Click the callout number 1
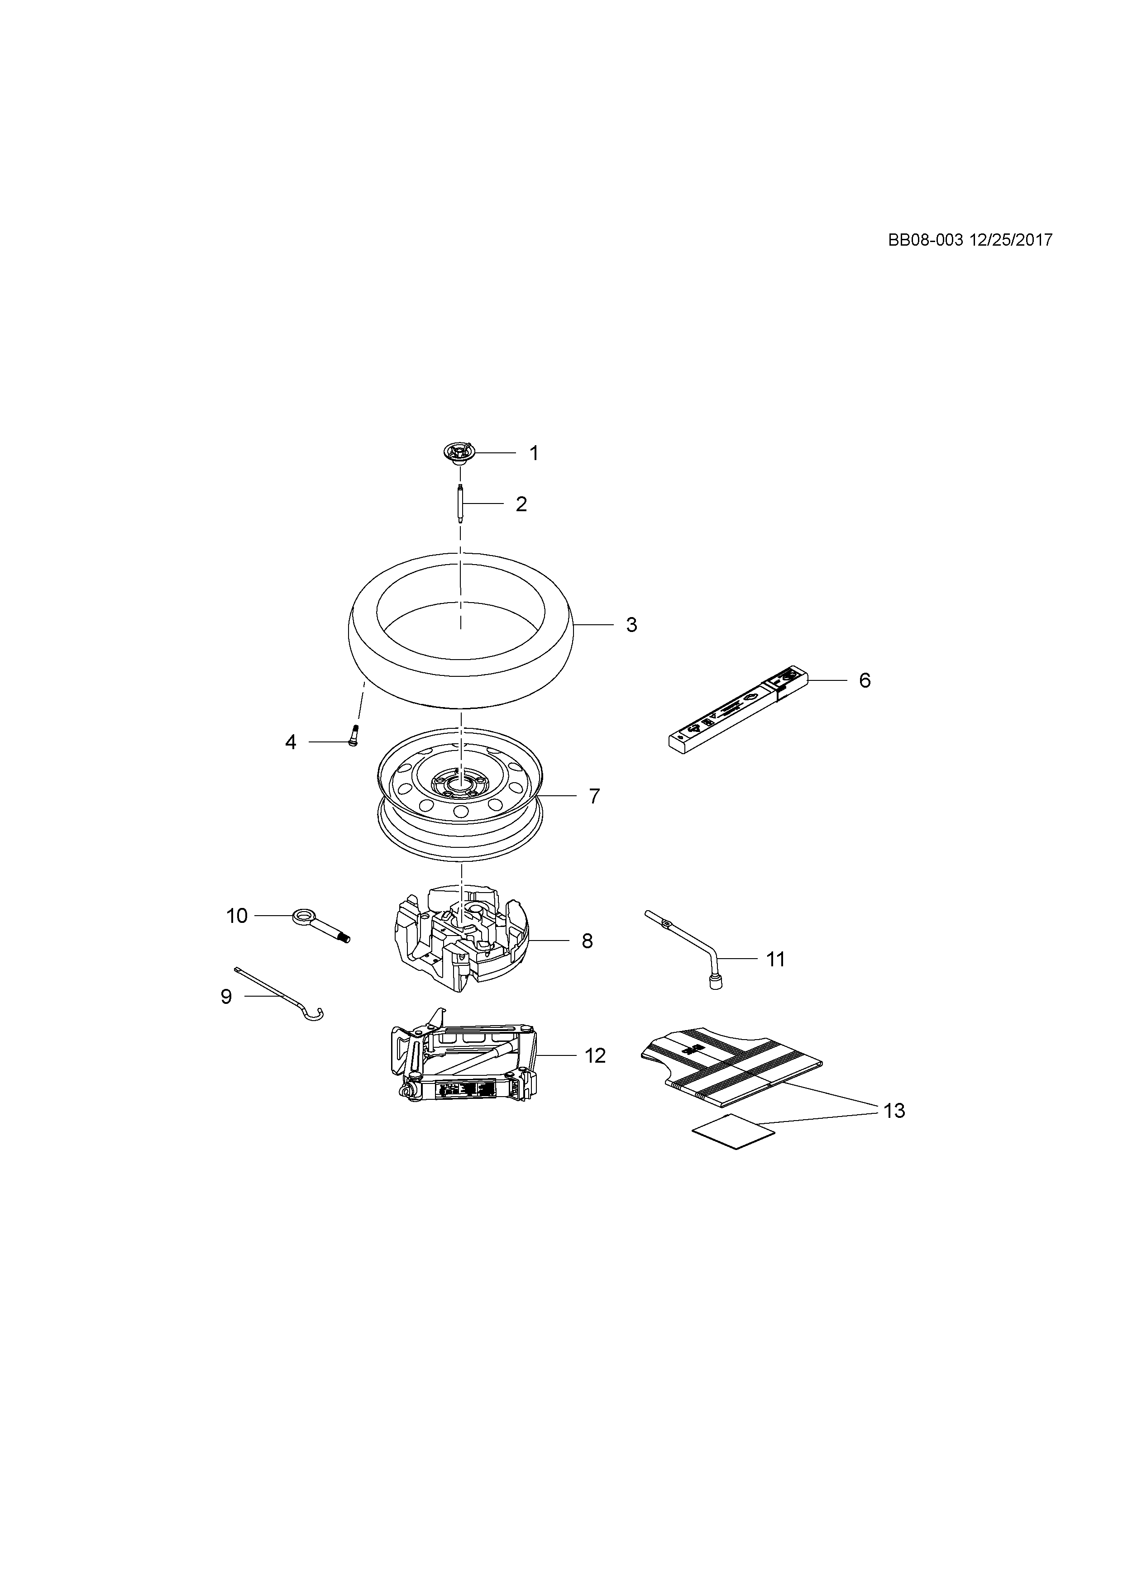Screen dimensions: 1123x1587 (533, 453)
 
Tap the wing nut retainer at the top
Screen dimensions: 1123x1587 (459, 453)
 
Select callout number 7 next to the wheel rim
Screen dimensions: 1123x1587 (594, 796)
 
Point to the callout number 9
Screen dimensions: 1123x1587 (226, 997)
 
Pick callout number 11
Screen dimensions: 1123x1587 (775, 960)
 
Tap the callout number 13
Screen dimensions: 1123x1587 (894, 1111)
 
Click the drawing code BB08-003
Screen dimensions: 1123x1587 (925, 240)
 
